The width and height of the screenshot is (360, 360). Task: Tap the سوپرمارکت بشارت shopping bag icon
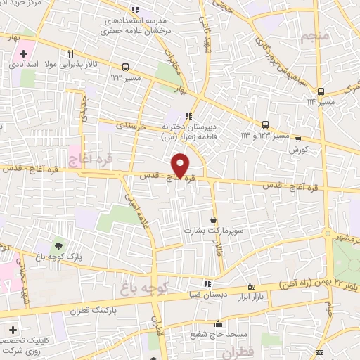214,219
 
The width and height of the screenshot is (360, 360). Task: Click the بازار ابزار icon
252,286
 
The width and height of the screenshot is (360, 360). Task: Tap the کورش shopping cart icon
298,139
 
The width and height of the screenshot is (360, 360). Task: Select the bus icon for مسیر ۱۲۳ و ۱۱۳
264,123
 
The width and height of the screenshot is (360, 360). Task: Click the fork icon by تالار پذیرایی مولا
70,53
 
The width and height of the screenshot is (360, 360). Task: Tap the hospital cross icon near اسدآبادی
24,53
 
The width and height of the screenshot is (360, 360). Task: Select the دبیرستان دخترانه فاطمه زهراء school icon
188,117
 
